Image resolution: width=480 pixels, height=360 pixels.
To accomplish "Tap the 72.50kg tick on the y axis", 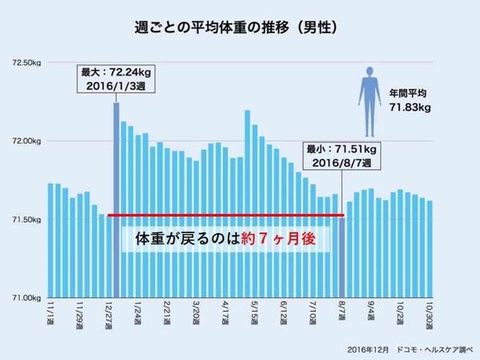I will [26, 62].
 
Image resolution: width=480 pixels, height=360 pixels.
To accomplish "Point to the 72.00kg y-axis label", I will [26, 141].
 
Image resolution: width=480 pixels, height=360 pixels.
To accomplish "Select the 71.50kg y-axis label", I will [26, 219].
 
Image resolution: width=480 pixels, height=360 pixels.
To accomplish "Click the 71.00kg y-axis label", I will [26, 297].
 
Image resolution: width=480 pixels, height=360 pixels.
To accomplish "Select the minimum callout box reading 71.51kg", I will [342, 156].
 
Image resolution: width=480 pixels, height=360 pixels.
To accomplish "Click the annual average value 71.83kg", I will [410, 107].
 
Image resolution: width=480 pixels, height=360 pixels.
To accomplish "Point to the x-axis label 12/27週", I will [111, 313].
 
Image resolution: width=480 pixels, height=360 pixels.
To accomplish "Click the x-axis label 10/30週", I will [429, 313].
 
